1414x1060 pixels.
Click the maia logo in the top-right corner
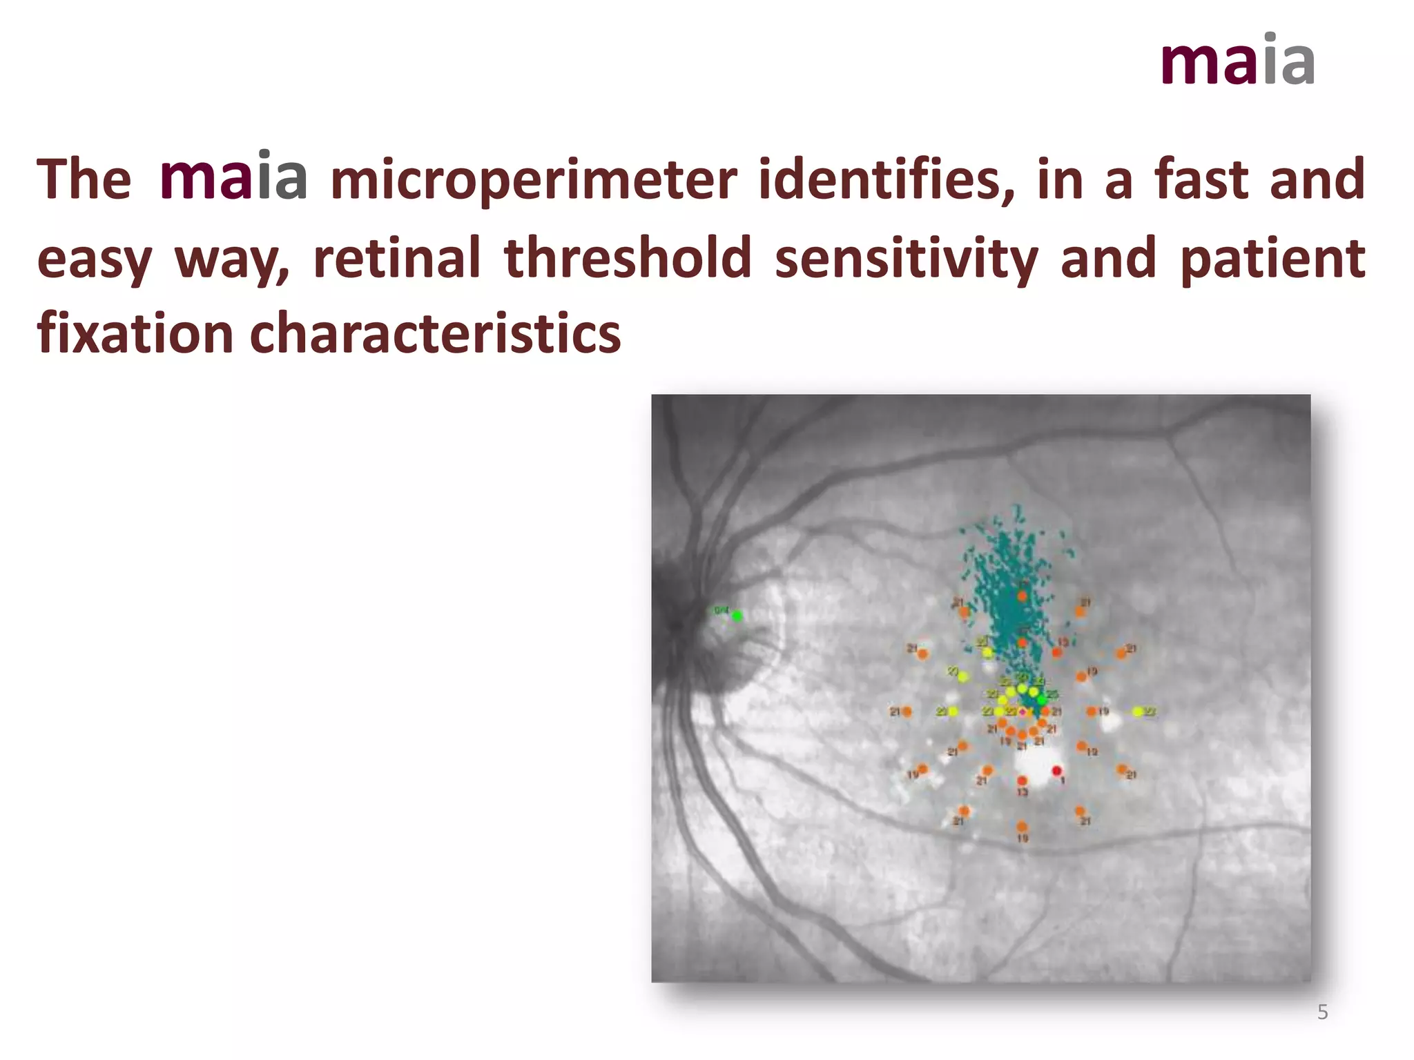tap(1237, 61)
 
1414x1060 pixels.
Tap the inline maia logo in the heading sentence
tap(233, 178)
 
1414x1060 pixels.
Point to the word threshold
tap(628, 257)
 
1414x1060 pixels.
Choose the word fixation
tap(135, 333)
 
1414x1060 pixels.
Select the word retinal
tap(397, 257)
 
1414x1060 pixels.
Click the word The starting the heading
tap(84, 179)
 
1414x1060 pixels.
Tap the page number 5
tap(1322, 1012)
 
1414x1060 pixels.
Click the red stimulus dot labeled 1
tap(1056, 770)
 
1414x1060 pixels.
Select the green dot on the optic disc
tap(737, 616)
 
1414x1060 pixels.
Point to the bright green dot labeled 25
tap(1041, 700)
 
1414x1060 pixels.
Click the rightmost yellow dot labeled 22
tap(1137, 711)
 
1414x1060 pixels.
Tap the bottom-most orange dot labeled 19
tap(1022, 826)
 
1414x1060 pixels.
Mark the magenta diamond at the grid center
tap(1022, 711)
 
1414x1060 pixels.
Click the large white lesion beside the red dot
tap(1032, 765)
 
